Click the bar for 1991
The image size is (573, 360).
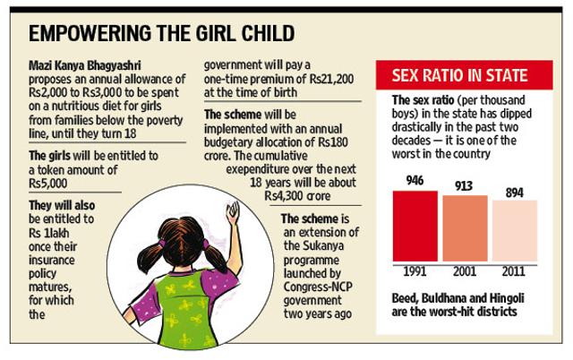(x=415, y=226)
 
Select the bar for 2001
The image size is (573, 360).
(x=465, y=228)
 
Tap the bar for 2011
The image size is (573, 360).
(x=515, y=231)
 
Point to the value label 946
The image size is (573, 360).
(x=415, y=180)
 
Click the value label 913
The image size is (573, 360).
(x=464, y=186)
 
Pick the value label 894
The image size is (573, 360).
(x=515, y=193)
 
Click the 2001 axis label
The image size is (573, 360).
(x=465, y=271)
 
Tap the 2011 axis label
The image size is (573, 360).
(x=513, y=271)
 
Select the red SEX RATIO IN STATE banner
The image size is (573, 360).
(x=464, y=75)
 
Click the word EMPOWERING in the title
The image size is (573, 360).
(x=90, y=34)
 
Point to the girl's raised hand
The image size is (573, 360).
(x=233, y=212)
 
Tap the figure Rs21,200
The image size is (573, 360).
(x=332, y=79)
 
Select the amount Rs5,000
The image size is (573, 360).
(x=47, y=183)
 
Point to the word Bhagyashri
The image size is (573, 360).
(x=114, y=65)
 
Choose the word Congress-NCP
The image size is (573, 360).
(x=318, y=287)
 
